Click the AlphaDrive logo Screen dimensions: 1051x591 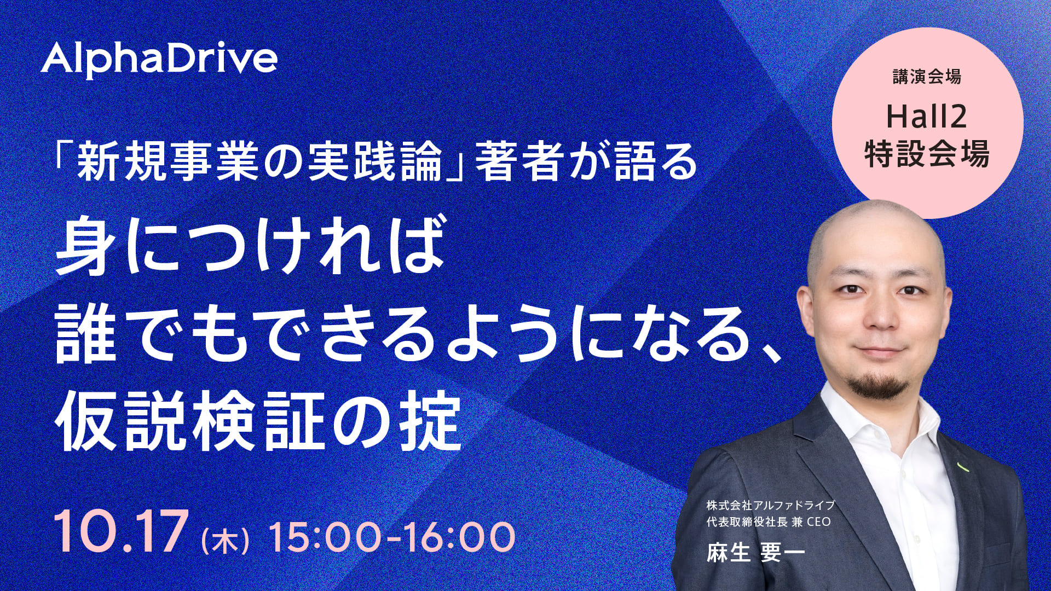(x=159, y=61)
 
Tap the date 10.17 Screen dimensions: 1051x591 (x=118, y=532)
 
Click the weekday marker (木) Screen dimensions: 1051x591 (x=226, y=538)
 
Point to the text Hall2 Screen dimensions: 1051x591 (x=927, y=117)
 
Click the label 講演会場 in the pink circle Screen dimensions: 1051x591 (x=927, y=78)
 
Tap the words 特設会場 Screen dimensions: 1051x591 (x=927, y=154)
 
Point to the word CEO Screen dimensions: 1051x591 (x=818, y=522)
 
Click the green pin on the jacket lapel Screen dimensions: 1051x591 (x=961, y=467)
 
